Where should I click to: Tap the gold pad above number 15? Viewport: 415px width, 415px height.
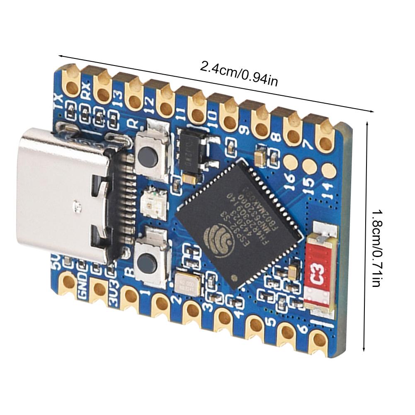[308, 165]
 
